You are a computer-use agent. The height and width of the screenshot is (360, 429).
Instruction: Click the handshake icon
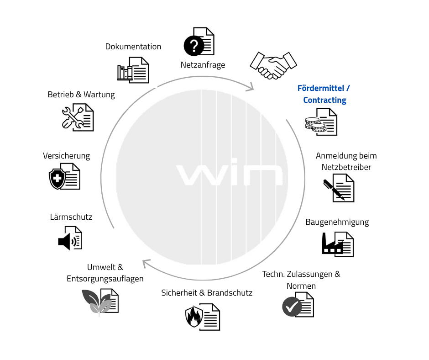click(273, 65)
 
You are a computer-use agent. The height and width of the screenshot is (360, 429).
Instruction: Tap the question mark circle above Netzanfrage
click(194, 46)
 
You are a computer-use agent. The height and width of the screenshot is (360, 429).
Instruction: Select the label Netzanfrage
click(203, 65)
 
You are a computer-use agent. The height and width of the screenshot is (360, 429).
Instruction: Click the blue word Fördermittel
click(321, 88)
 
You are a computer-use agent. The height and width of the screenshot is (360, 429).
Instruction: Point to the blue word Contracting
click(325, 100)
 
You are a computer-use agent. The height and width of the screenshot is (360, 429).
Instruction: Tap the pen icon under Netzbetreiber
click(334, 189)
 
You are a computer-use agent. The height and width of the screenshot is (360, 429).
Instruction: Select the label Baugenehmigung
click(337, 222)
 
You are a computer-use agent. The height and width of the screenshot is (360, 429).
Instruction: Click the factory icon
click(332, 244)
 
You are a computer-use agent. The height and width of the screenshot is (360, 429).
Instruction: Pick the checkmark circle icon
click(292, 307)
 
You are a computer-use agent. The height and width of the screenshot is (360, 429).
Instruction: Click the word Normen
click(301, 286)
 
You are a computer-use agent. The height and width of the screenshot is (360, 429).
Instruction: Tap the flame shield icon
click(194, 317)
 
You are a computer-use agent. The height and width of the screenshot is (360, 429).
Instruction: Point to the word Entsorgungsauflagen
click(105, 279)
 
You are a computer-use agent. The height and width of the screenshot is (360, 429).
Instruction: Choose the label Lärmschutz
click(71, 217)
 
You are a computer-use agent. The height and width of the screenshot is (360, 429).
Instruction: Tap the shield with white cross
click(57, 179)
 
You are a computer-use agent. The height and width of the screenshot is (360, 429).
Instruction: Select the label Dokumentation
click(133, 47)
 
